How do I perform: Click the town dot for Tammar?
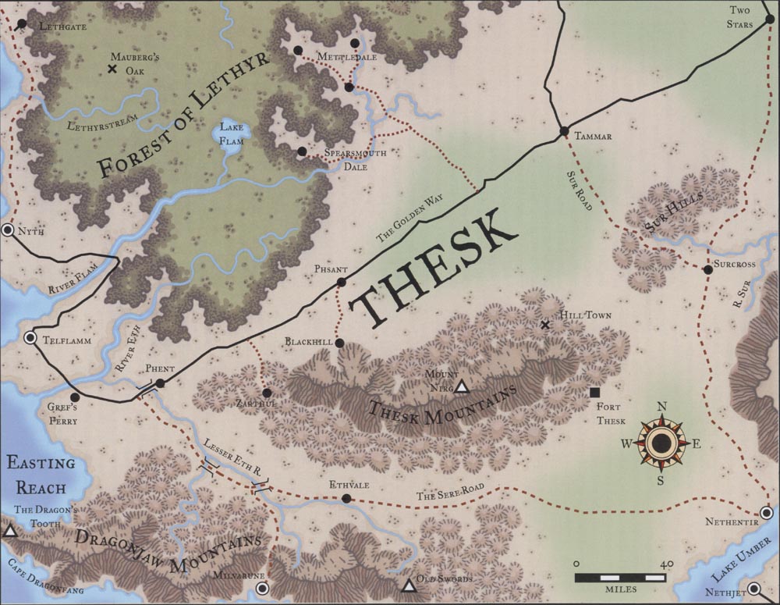562,131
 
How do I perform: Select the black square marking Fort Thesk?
594,393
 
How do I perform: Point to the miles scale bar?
621,578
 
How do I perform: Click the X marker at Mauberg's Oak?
112,69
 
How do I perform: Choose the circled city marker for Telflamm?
30,338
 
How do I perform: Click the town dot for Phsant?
341,282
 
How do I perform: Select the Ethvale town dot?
346,498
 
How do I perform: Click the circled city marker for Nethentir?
767,513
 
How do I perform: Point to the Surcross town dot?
707,270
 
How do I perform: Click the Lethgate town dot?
21,25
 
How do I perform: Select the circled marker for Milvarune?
262,588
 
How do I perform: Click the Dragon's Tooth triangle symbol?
10,532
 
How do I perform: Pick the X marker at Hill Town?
546,325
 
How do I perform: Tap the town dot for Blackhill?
340,343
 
